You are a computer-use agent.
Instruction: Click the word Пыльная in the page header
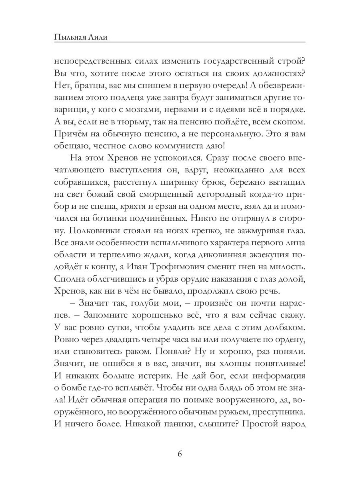pyautogui.click(x=69, y=37)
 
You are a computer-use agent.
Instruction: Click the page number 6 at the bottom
pyautogui.click(x=180, y=454)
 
